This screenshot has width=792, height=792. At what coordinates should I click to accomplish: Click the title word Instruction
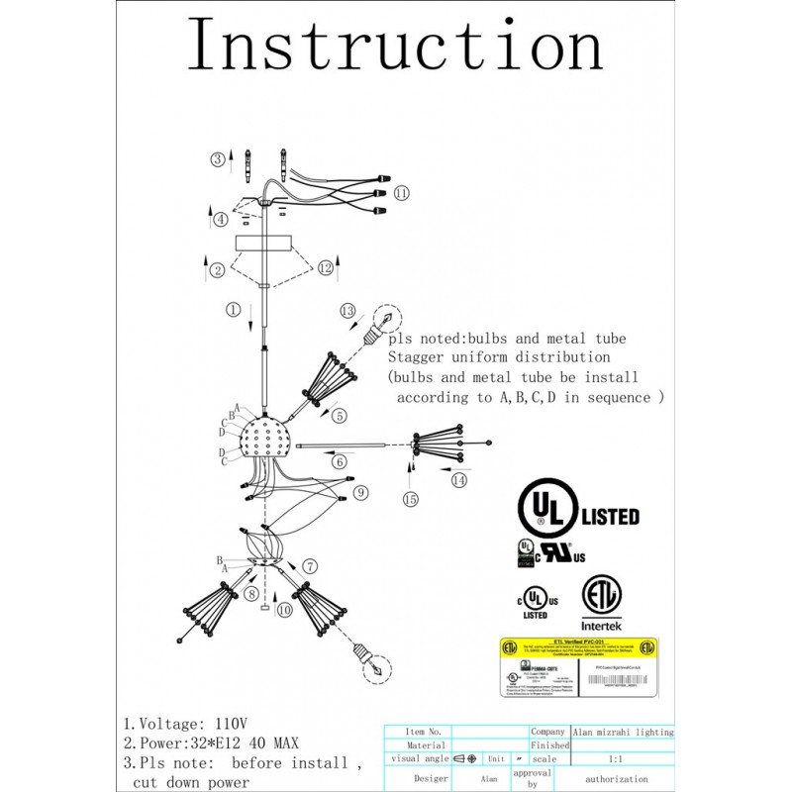pos(395,46)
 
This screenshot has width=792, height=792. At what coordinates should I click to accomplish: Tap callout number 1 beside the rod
pos(233,309)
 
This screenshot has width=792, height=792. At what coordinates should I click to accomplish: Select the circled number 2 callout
pos(217,269)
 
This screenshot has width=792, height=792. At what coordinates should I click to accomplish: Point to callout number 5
pos(339,417)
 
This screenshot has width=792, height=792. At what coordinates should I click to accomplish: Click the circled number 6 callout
pos(339,460)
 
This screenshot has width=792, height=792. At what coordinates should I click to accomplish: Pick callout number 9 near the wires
pos(361,491)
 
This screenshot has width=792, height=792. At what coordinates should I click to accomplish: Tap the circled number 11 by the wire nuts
pos(401,193)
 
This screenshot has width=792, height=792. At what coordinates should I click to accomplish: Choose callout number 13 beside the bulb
pos(346,311)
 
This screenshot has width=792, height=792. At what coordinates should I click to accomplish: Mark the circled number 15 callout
pos(411,500)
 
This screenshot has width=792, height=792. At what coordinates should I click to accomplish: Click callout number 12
pos(326,269)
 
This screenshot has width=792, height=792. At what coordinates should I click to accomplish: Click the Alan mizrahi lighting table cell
pos(623,732)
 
